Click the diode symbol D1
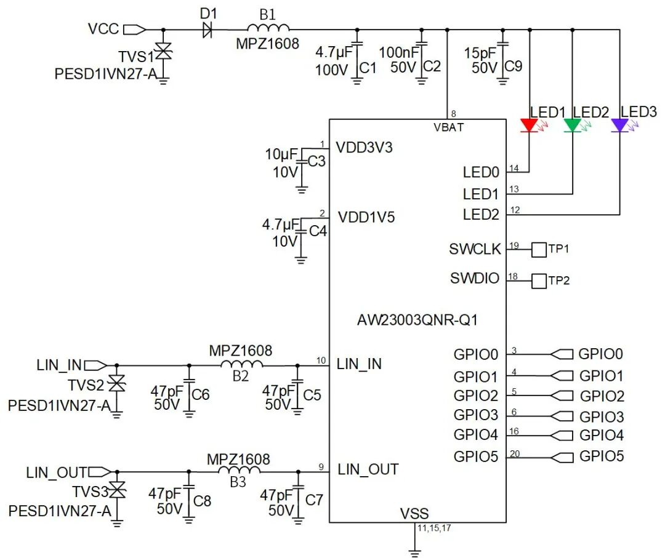click(208, 29)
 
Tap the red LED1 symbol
click(530, 126)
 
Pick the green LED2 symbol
click(573, 126)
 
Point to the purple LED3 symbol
click(619, 126)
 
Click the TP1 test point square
click(539, 249)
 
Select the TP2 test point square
click(539, 281)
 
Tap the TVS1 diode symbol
click(163, 52)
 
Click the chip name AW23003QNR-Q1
click(417, 321)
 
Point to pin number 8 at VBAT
click(454, 114)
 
